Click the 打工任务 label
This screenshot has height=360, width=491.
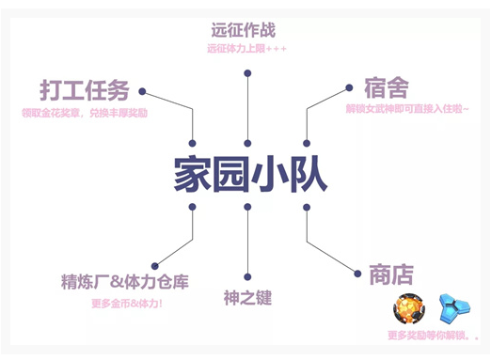click(85, 91)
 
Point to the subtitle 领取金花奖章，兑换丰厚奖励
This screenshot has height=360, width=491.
click(86, 113)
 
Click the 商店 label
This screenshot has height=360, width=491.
click(388, 275)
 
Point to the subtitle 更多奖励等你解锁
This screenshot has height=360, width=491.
click(433, 336)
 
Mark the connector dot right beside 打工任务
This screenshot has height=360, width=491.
click(142, 91)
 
